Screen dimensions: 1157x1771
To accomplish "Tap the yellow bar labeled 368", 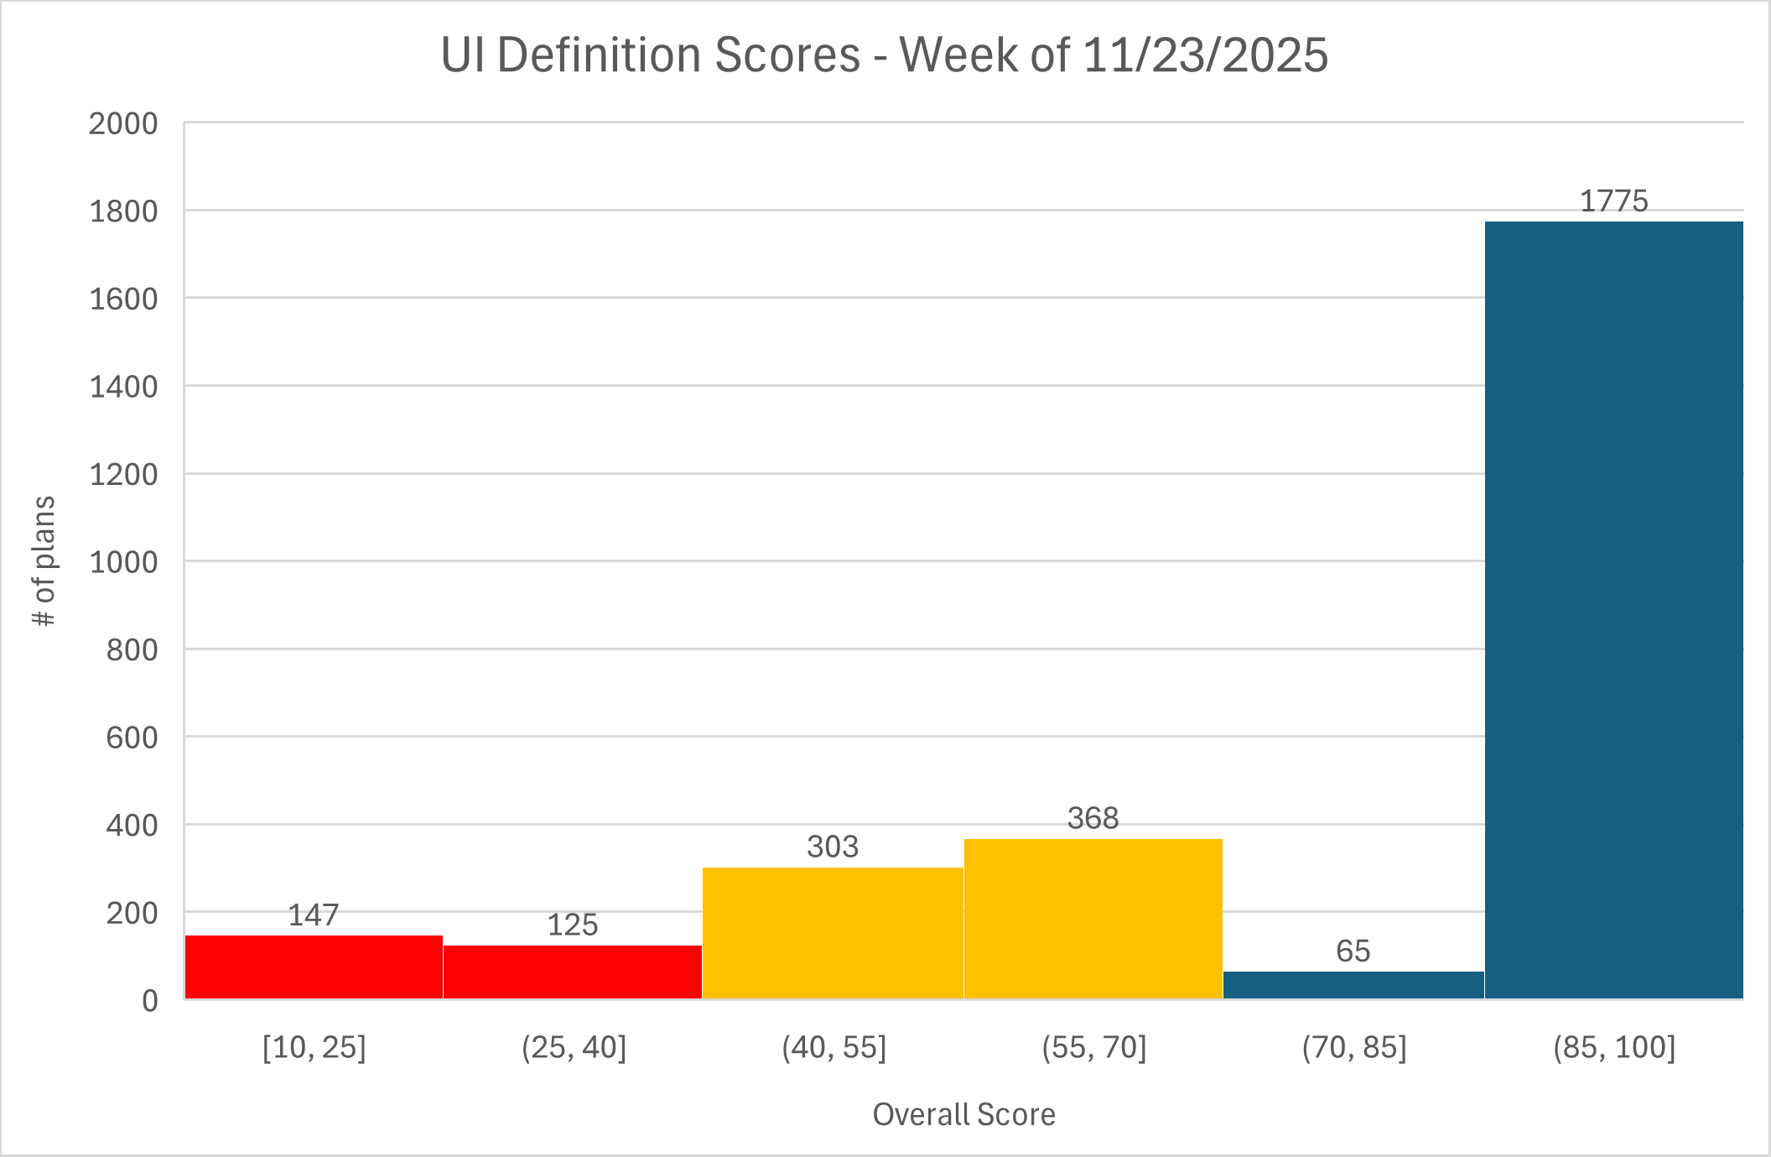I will pos(1093,918).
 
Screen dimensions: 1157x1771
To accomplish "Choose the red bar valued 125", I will pos(573,972).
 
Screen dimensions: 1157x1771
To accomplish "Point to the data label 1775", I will pos(1613,201).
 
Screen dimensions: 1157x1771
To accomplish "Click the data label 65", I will pos(1353,951).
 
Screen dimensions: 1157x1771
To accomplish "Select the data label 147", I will pos(313,915).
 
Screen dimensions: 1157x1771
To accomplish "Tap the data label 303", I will pos(833,847).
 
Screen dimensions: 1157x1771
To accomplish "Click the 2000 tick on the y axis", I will pos(123,124).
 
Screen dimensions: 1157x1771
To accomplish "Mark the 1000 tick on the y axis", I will pos(123,562).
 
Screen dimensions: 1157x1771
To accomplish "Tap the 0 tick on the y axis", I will pos(149,1000).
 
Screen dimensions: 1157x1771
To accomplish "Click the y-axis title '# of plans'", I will pos(44,560).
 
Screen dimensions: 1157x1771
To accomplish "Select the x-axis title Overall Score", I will pos(963,1114).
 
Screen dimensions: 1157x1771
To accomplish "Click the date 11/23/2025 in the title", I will pos(1205,55).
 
